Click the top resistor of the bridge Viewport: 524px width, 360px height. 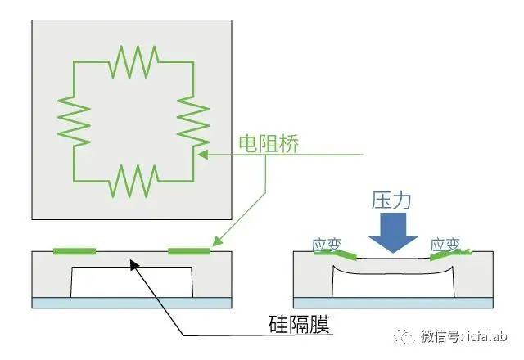[133, 62]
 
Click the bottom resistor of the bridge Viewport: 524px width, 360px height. [133, 181]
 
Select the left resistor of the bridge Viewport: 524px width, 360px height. [74, 122]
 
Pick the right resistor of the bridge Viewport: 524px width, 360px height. [193, 122]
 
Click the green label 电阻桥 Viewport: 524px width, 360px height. [269, 144]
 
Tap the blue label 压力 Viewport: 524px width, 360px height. [391, 200]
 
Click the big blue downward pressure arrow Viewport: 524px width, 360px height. [393, 232]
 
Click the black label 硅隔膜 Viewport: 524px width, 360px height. [300, 324]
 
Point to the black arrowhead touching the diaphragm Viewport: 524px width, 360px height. [134, 265]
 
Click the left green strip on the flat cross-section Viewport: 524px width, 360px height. [75, 251]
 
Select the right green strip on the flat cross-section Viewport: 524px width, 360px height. [189, 251]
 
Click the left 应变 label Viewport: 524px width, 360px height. [327, 245]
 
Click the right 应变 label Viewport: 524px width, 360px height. [445, 245]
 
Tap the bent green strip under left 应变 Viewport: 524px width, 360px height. [336, 254]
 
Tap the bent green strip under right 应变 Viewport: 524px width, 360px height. [451, 254]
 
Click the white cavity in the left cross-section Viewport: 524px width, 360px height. [132, 282]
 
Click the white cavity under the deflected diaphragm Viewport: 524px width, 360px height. [393, 286]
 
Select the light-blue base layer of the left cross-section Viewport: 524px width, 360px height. [132, 303]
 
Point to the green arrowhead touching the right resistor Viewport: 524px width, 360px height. [202, 155]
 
